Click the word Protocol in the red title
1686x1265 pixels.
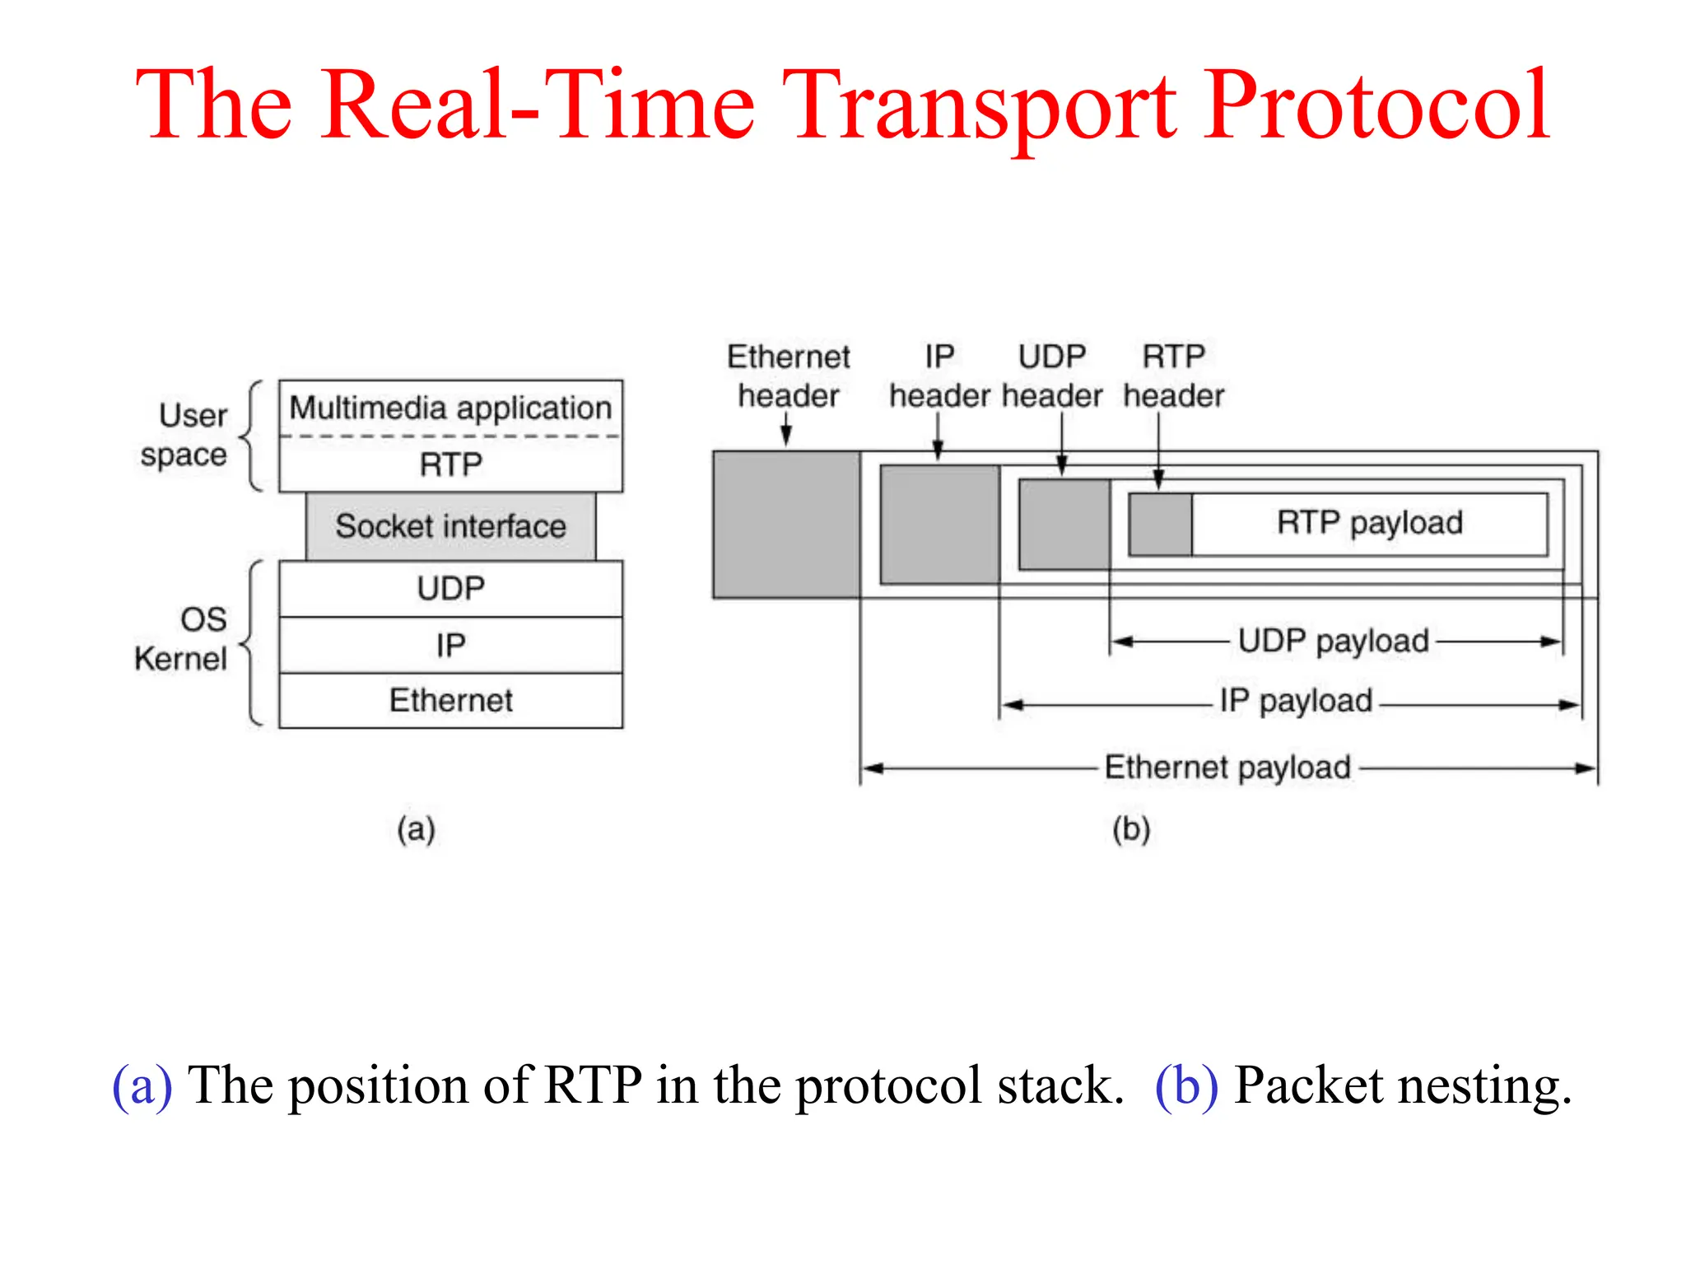(x=1377, y=107)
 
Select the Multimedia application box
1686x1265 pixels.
(x=450, y=408)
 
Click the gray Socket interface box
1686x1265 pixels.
(x=450, y=526)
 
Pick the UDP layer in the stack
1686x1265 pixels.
(x=450, y=589)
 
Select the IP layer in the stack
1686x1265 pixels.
(x=450, y=645)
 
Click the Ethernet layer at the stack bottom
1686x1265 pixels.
(x=450, y=701)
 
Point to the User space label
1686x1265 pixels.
(x=186, y=435)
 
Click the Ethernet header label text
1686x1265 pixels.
(x=788, y=376)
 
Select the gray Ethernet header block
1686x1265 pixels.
(x=786, y=525)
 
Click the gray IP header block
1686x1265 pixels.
(x=939, y=525)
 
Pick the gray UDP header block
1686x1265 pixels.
(x=1064, y=525)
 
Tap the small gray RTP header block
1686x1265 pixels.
(x=1160, y=525)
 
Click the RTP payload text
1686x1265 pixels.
(x=1369, y=523)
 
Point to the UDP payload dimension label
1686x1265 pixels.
(x=1333, y=642)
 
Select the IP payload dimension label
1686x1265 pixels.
(x=1296, y=702)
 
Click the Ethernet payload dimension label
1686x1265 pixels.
(x=1227, y=768)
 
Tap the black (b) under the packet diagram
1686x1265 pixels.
(x=1131, y=829)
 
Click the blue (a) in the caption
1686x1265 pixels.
(x=142, y=1085)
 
